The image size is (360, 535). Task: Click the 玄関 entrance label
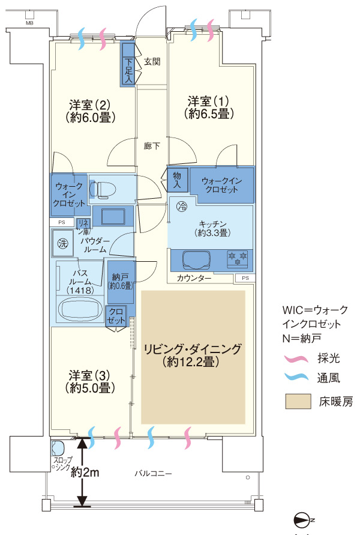tap(152, 61)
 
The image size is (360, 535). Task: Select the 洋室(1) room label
tap(208, 106)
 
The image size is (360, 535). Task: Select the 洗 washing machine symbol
tap(63, 244)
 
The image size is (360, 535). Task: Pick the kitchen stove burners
tap(237, 259)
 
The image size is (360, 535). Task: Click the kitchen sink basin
tap(196, 260)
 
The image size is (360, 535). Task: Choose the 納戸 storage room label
tap(121, 281)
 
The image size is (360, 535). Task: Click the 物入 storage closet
tap(177, 179)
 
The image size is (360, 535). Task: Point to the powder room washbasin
tap(109, 216)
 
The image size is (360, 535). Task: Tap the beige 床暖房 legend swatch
tap(298, 402)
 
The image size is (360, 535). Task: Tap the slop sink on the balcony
tap(58, 449)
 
